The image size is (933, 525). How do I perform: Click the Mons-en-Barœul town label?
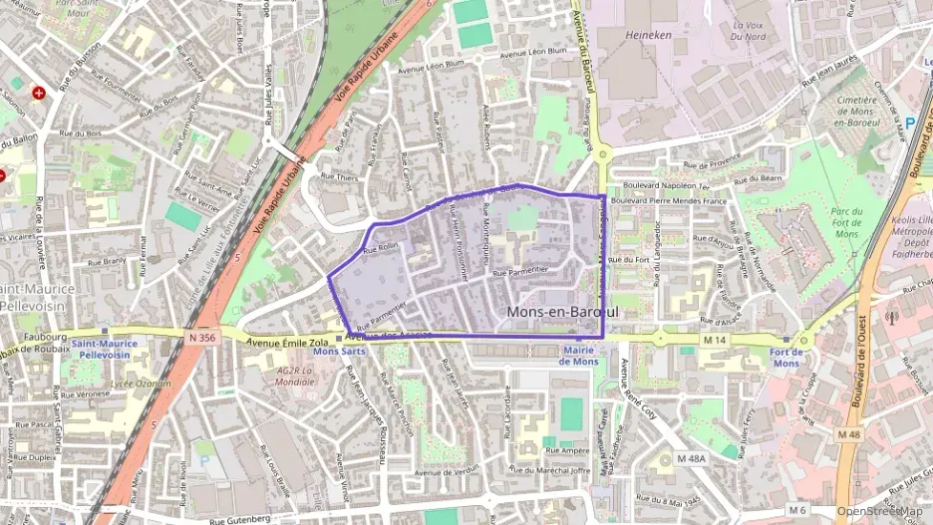tap(562, 312)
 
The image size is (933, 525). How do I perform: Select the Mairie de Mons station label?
tap(578, 355)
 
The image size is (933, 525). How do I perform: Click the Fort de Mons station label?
tap(786, 358)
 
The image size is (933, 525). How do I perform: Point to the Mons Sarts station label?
tap(339, 352)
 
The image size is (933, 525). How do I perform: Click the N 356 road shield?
tap(200, 338)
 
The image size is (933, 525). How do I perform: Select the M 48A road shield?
tap(690, 459)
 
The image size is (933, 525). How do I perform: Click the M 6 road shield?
tap(796, 510)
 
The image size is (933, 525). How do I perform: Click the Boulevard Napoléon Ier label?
tap(663, 186)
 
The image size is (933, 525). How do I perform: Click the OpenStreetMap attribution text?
tap(879, 512)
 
